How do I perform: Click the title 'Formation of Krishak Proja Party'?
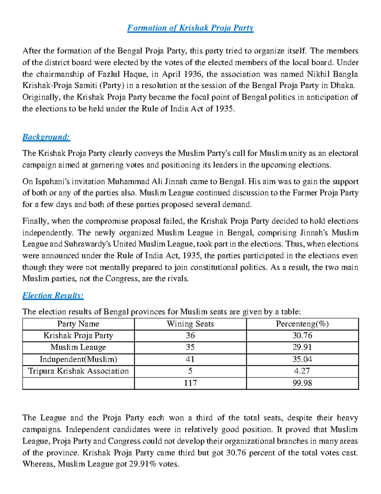point(190,28)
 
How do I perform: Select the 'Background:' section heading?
point(46,137)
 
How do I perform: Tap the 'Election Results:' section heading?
point(53,296)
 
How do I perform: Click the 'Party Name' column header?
point(78,324)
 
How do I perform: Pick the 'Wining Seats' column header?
point(190,324)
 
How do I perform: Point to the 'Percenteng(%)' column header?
point(302,324)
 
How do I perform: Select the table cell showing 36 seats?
point(190,336)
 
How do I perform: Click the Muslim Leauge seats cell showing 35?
point(190,347)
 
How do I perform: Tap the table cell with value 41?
point(190,359)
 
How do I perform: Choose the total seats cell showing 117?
point(190,383)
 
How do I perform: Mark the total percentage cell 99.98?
point(302,383)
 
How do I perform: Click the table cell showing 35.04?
point(302,359)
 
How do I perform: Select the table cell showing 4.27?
point(302,371)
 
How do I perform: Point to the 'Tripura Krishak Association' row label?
point(78,371)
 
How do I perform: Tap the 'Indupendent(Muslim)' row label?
point(78,359)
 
